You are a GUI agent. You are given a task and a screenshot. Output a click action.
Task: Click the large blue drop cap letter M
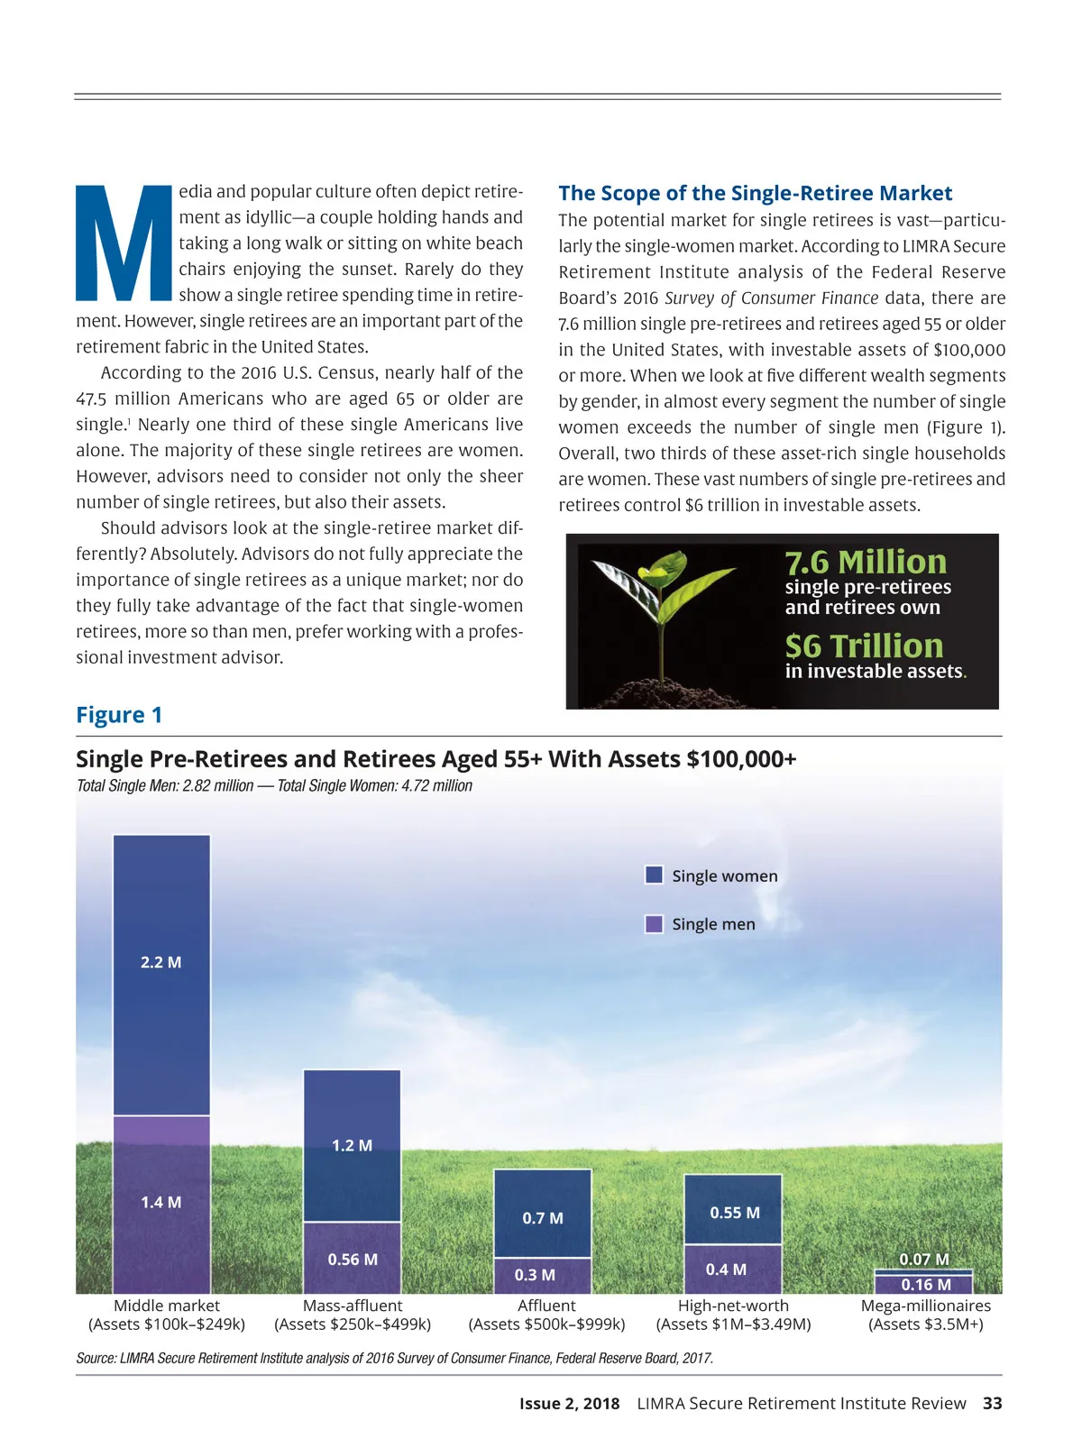pos(124,243)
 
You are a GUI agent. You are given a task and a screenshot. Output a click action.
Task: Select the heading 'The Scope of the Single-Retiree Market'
pos(755,193)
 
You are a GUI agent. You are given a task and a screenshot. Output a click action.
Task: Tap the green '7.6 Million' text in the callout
pos(866,562)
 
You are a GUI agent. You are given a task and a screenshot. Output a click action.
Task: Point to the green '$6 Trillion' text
pos(864,646)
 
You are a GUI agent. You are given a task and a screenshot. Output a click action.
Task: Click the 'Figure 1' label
pos(119,715)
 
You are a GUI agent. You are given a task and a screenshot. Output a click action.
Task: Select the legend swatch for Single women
pos(655,875)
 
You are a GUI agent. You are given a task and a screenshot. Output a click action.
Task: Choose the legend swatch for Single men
pos(655,924)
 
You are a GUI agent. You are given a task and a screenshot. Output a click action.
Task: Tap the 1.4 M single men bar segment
pos(161,1205)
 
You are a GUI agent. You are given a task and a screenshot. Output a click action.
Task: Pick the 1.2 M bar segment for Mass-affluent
pos(352,1145)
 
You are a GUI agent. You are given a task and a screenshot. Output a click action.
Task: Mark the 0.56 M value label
pos(353,1260)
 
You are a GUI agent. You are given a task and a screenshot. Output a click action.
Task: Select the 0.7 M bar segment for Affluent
pos(543,1214)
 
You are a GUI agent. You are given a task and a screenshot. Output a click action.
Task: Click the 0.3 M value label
pos(535,1275)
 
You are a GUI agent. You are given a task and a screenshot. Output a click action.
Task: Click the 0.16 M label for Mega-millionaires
pos(926,1285)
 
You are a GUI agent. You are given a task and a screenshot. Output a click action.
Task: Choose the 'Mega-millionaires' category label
pos(926,1306)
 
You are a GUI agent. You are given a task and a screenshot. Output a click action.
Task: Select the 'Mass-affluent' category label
pos(353,1306)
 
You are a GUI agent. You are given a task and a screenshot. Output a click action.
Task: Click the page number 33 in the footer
pos(992,1403)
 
